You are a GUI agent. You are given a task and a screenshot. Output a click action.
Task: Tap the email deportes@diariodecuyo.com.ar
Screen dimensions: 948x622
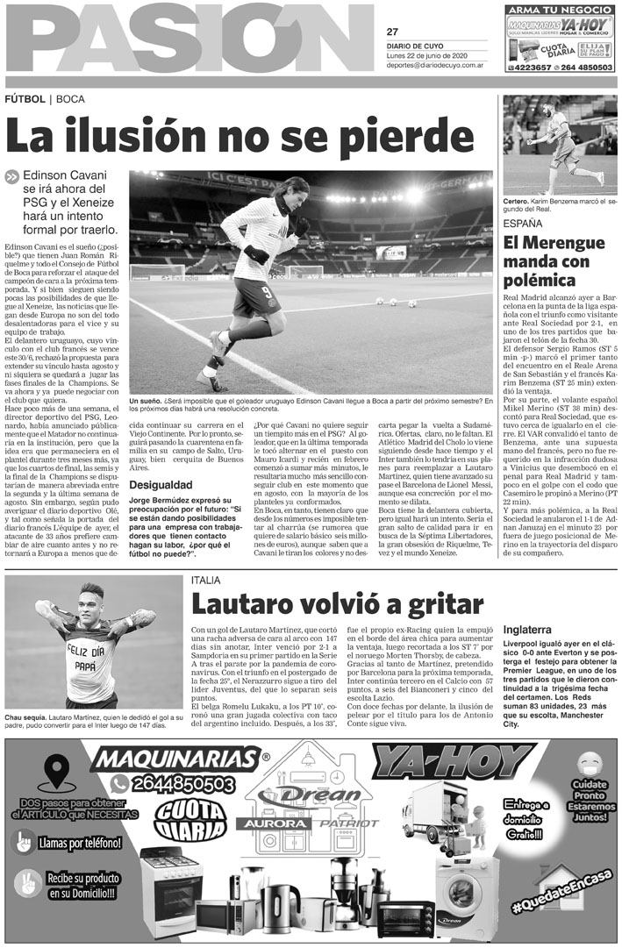click(435, 63)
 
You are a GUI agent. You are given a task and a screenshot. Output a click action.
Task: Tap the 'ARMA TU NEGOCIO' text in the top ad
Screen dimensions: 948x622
click(560, 10)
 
